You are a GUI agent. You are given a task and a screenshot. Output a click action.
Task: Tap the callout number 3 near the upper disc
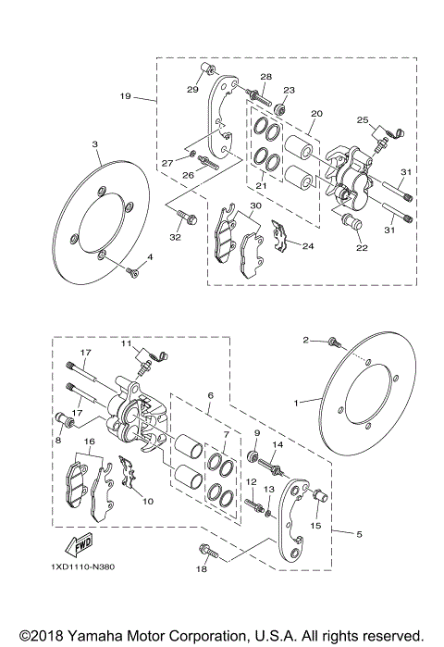pyautogui.click(x=94, y=145)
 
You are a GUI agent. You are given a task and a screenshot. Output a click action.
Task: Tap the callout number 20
pyautogui.click(x=316, y=114)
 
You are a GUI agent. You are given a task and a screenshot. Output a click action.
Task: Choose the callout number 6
pyautogui.click(x=210, y=395)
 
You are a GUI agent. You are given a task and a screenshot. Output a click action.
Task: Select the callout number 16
pyautogui.click(x=89, y=442)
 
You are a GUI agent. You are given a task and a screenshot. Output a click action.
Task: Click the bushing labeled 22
pyautogui.click(x=351, y=225)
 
